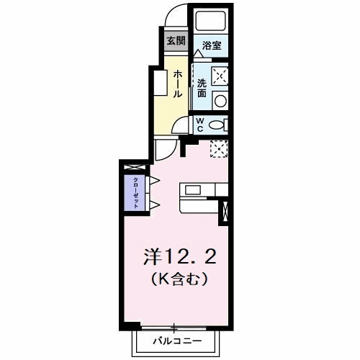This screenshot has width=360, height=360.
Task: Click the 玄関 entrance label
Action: tap(176, 40)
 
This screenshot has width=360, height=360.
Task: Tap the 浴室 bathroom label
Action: tap(211, 45)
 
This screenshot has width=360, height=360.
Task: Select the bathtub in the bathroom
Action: tap(210, 22)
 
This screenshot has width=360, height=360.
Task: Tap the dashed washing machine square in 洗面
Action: tap(220, 74)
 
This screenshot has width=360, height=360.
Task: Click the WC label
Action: tap(201, 124)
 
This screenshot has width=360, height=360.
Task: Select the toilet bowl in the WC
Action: tap(217, 125)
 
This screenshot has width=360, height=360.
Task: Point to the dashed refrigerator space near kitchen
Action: tap(218, 148)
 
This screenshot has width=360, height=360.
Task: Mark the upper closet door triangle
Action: tap(153, 180)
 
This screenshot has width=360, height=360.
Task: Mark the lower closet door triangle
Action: tap(153, 204)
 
